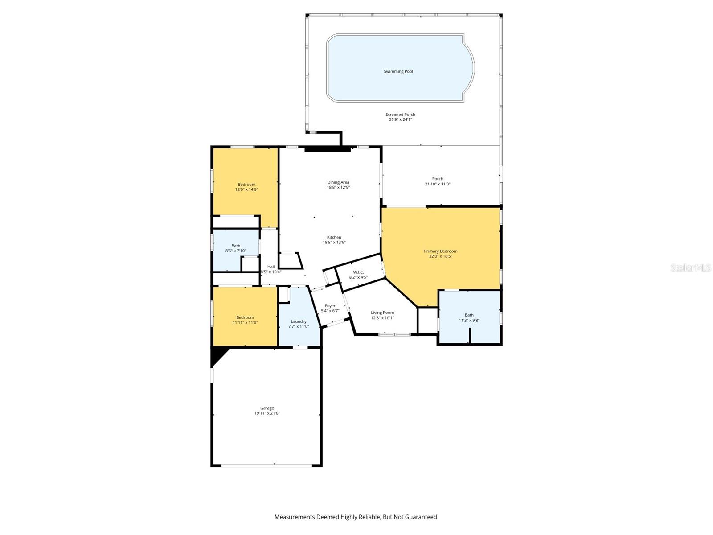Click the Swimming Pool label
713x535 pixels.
point(398,71)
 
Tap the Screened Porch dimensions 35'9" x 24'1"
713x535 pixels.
point(400,120)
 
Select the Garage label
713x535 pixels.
point(267,408)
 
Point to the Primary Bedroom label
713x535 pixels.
point(440,251)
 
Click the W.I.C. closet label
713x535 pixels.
point(358,272)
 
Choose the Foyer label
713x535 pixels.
point(330,306)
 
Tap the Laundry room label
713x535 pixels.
point(299,321)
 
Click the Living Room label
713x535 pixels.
point(382,313)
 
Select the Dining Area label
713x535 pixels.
point(338,182)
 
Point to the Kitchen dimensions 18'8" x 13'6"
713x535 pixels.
point(334,243)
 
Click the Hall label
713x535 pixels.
point(271,267)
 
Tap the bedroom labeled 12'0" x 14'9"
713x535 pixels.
point(246,187)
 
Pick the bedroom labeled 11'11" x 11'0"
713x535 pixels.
point(245,320)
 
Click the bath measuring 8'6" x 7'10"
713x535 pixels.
point(236,248)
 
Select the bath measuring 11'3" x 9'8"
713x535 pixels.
point(469,317)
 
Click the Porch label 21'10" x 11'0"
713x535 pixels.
point(437,181)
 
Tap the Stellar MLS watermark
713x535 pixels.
point(691,267)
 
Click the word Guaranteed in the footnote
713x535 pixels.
point(421,517)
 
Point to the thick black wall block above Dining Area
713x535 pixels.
point(327,150)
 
